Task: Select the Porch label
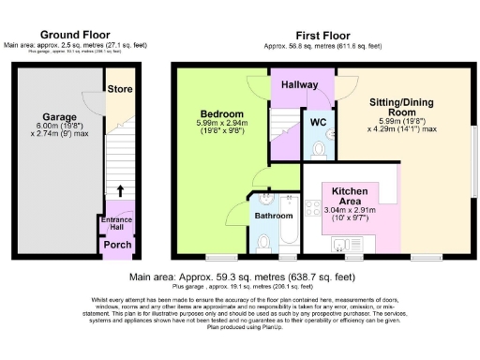coord(117,246)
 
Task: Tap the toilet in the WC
coord(319,149)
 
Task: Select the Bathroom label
coord(274,215)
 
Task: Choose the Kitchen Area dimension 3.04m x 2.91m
coord(349,211)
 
